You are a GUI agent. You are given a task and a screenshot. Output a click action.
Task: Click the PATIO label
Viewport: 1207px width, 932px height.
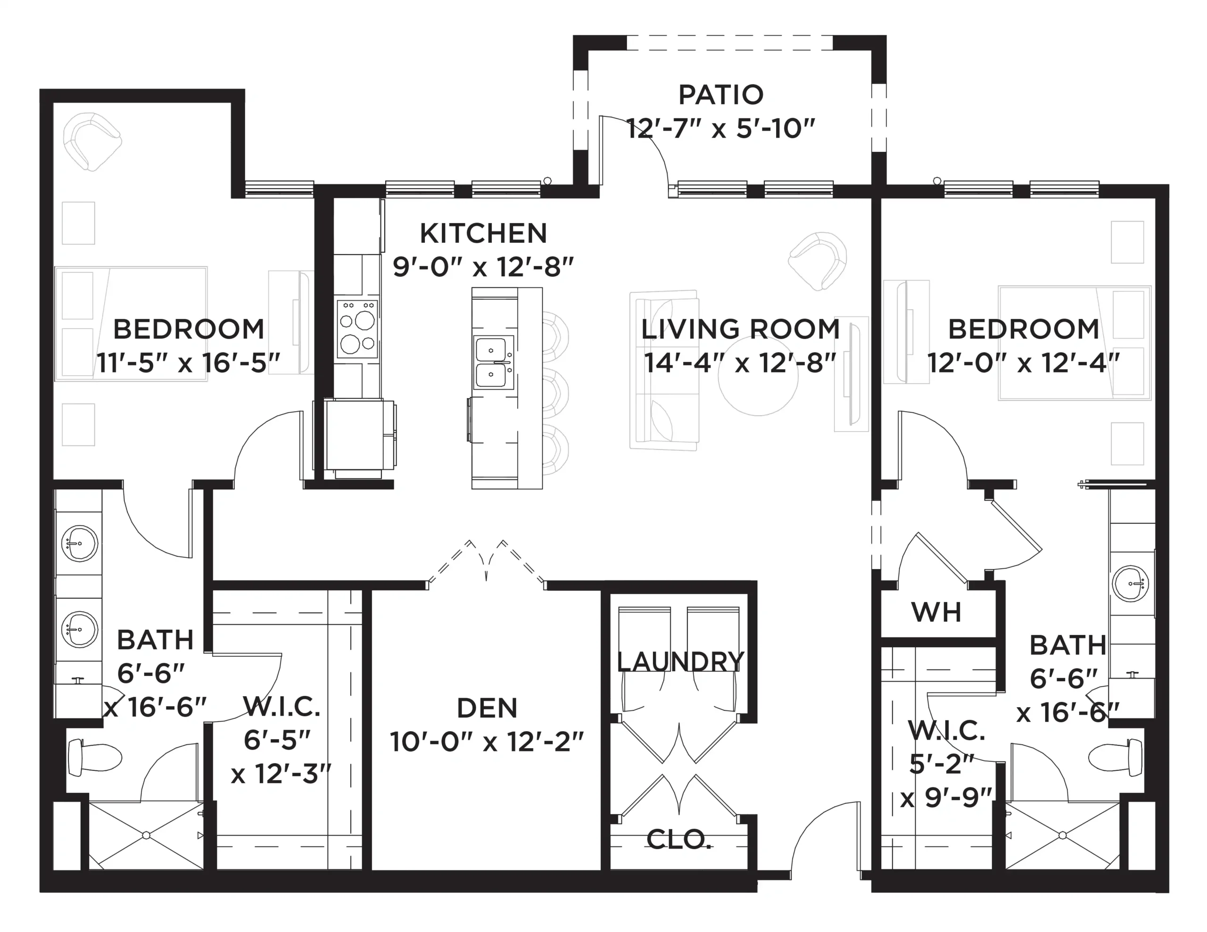click(x=720, y=95)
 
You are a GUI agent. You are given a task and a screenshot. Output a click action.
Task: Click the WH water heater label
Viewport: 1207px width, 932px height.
click(x=936, y=612)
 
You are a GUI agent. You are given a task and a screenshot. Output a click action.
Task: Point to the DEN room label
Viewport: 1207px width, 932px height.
click(x=487, y=708)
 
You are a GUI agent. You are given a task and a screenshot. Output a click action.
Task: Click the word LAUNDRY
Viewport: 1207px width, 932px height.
click(x=680, y=661)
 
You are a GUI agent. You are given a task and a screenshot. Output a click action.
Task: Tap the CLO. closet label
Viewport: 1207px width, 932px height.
click(x=678, y=840)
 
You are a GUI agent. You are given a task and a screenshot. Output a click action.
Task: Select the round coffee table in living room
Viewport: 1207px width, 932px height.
click(x=758, y=375)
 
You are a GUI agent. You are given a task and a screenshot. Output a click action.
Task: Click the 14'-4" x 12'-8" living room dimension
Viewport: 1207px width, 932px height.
click(x=740, y=363)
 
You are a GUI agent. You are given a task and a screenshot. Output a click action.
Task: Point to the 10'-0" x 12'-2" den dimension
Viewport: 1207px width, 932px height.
click(x=487, y=742)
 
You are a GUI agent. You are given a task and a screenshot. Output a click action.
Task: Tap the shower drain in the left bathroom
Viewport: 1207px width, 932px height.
click(x=147, y=835)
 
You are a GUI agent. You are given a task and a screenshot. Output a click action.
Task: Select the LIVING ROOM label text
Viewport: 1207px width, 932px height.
click(x=741, y=329)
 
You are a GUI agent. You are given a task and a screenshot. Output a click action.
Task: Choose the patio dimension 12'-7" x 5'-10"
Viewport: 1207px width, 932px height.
click(x=720, y=129)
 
